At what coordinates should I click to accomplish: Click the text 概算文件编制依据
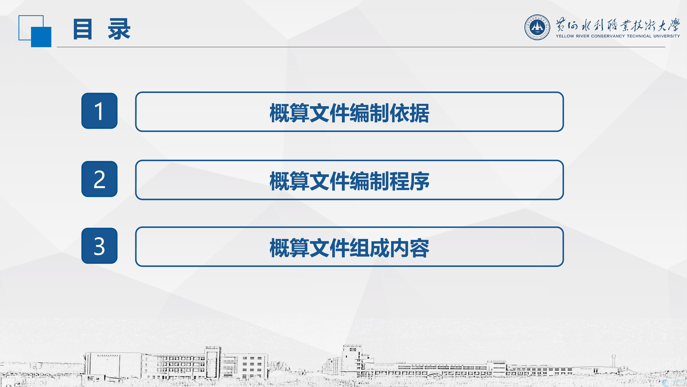click(349, 113)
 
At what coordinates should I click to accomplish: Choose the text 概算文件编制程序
click(349, 181)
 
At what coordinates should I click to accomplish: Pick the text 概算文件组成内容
click(349, 248)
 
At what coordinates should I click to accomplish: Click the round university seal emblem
click(537, 27)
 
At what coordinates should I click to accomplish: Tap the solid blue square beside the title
click(41, 37)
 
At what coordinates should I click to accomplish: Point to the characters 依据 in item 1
click(409, 113)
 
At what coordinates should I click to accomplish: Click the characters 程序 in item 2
click(409, 181)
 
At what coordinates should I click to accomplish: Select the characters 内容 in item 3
click(409, 248)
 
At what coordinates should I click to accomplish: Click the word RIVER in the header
click(583, 36)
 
